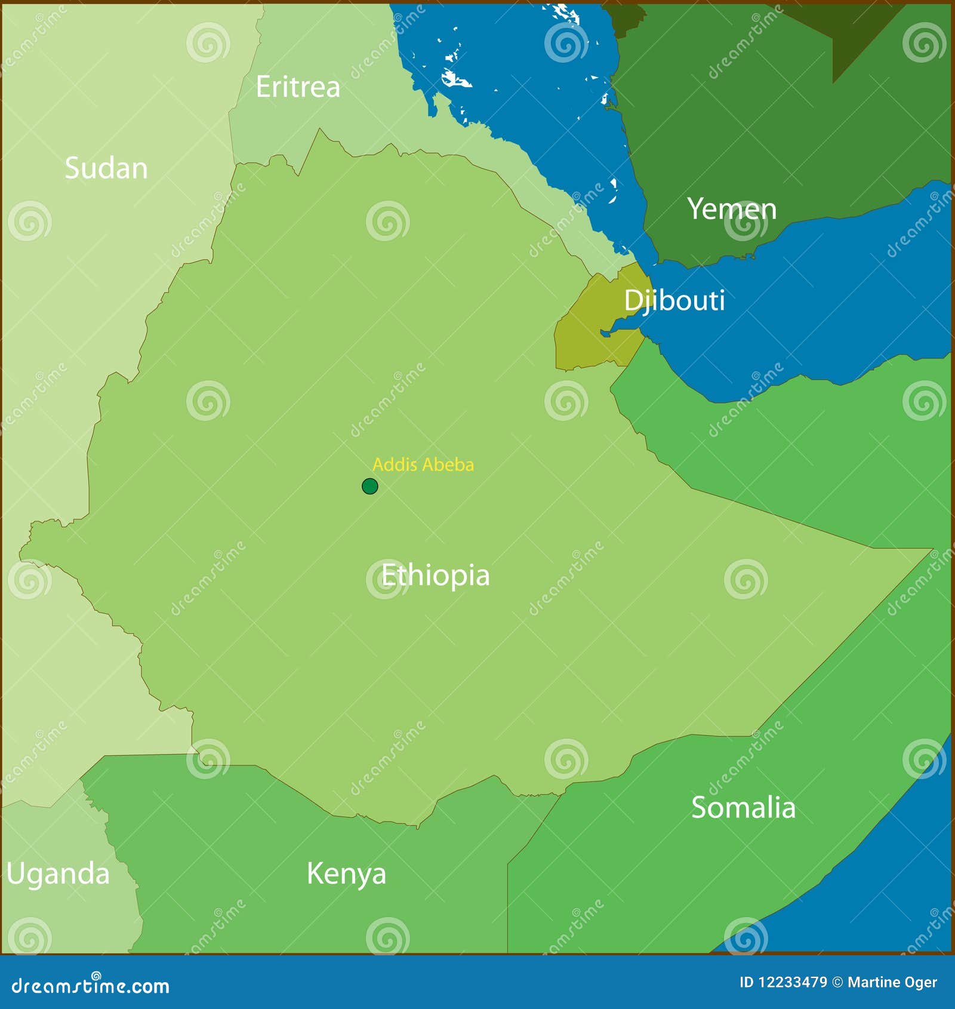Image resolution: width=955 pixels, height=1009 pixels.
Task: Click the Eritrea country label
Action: pyautogui.click(x=298, y=87)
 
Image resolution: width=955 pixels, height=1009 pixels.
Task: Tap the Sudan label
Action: pyautogui.click(x=106, y=168)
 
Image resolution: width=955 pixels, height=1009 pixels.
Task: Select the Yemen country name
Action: pyautogui.click(x=732, y=209)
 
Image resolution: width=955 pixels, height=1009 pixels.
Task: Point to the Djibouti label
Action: pyautogui.click(x=674, y=300)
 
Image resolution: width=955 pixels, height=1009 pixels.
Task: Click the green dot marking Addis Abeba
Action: pyautogui.click(x=370, y=487)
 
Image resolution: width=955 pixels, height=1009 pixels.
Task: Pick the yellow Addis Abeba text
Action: pyautogui.click(x=423, y=464)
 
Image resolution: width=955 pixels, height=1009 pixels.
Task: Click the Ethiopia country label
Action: pyautogui.click(x=435, y=576)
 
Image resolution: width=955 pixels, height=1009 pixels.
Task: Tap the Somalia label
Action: pyautogui.click(x=743, y=808)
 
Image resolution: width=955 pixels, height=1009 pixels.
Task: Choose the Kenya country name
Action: pyautogui.click(x=346, y=873)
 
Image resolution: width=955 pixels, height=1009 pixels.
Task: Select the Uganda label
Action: pyautogui.click(x=58, y=873)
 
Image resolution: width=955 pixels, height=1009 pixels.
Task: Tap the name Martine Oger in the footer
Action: pyautogui.click(x=892, y=982)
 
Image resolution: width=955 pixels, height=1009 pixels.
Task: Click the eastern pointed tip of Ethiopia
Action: pyautogui.click(x=928, y=550)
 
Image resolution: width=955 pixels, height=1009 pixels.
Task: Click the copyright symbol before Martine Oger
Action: pyautogui.click(x=837, y=982)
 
